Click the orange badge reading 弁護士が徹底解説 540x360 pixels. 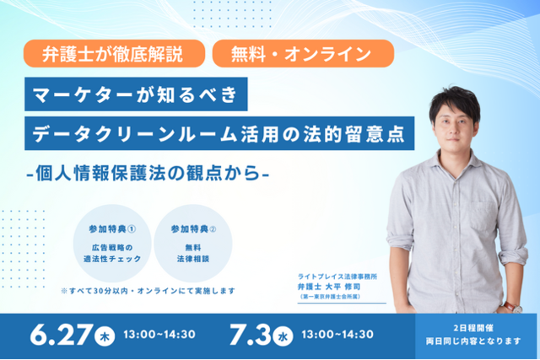tap(115, 53)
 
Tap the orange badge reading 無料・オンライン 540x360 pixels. tap(304, 53)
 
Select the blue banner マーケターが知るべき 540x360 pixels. tap(136, 94)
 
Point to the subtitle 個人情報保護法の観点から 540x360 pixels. tap(148, 173)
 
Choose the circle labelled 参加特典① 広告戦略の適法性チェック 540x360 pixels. tap(112, 244)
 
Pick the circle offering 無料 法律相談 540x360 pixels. tap(193, 244)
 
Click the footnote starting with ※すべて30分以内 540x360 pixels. tap(148, 291)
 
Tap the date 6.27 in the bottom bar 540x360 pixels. tap(62, 334)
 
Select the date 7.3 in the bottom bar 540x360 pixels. tap(251, 334)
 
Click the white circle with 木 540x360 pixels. tap(105, 336)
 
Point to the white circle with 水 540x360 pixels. tap(283, 336)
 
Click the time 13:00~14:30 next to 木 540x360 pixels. tap(159, 334)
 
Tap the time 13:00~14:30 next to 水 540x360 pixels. tap(337, 334)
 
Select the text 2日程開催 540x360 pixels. tap(473, 328)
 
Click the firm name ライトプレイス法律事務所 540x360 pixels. tap(337, 277)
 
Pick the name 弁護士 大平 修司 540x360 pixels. tap(329, 287)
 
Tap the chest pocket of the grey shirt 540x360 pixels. tap(486, 215)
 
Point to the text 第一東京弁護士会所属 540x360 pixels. tap(330, 296)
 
